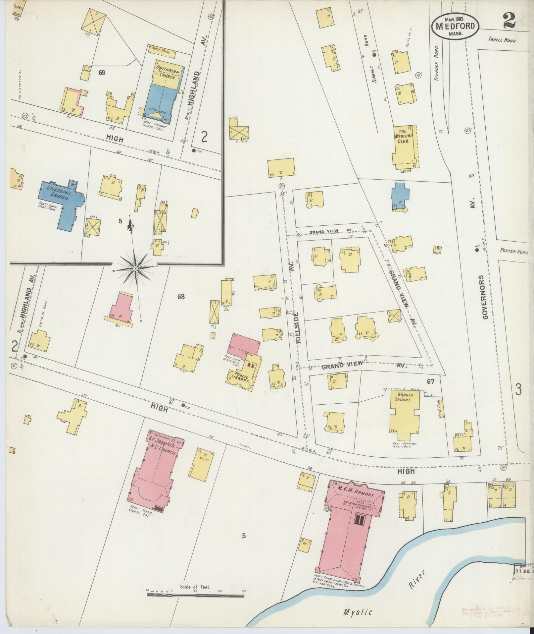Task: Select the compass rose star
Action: click(x=135, y=267)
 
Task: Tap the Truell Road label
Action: click(x=503, y=39)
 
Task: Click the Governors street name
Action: click(x=486, y=297)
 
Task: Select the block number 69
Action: click(x=102, y=72)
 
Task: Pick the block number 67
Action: click(x=430, y=381)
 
